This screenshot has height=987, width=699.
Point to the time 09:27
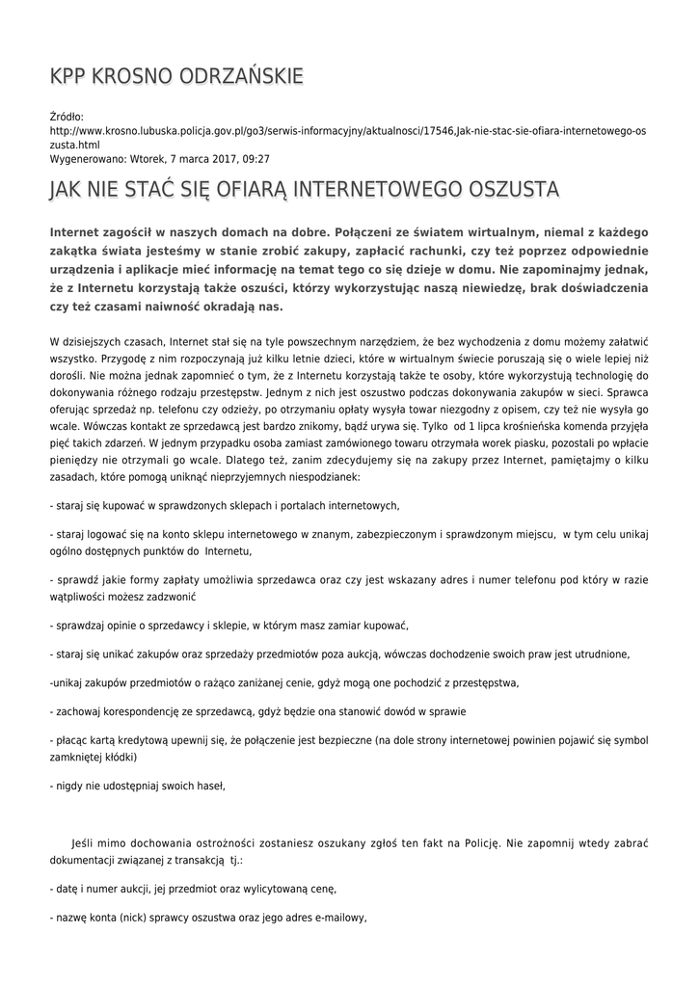click(x=255, y=158)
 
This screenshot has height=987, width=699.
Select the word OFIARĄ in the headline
click(x=237, y=189)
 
